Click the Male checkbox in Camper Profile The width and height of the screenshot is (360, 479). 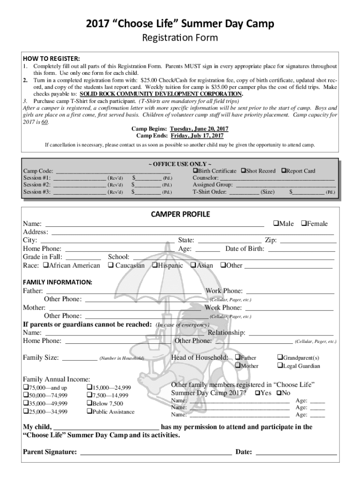[275, 224]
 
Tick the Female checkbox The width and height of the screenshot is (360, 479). [303, 224]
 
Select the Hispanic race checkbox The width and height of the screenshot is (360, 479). [155, 265]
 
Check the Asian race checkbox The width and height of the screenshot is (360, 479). [193, 265]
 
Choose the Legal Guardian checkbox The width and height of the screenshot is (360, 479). [280, 366]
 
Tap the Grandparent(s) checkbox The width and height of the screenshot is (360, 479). [280, 357]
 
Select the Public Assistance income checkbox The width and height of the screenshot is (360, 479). [89, 412]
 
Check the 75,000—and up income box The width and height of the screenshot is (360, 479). [26, 388]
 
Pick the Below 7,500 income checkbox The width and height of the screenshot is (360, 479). [89, 404]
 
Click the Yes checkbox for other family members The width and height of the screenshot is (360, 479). [257, 393]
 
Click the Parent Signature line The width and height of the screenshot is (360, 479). [156, 453]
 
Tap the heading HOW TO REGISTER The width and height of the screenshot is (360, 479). [51, 58]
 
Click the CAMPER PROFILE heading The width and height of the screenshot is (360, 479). [180, 214]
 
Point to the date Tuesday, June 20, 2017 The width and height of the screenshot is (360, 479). [199, 129]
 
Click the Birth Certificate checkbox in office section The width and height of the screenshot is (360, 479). [195, 171]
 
